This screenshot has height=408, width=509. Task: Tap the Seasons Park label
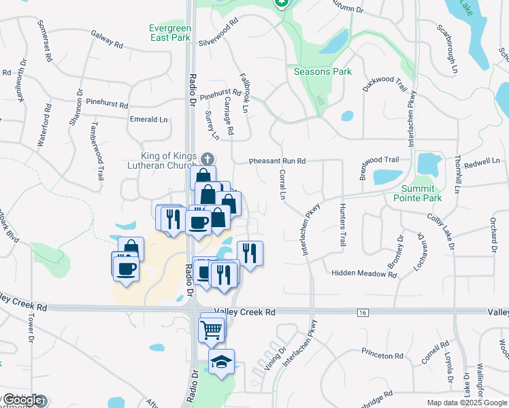pyautogui.click(x=322, y=71)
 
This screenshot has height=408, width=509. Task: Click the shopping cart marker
pyautogui.click(x=211, y=330)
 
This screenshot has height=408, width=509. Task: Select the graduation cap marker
pyautogui.click(x=221, y=362)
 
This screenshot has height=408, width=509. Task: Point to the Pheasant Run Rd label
pyautogui.click(x=277, y=161)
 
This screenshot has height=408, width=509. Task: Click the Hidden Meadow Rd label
pyautogui.click(x=363, y=274)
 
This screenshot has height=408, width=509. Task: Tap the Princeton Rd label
pyautogui.click(x=382, y=356)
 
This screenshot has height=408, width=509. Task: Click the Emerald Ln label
pyautogui.click(x=148, y=120)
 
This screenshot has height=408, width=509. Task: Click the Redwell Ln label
pyautogui.click(x=482, y=162)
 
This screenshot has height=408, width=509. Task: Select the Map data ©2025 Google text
pyautogui.click(x=466, y=403)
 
